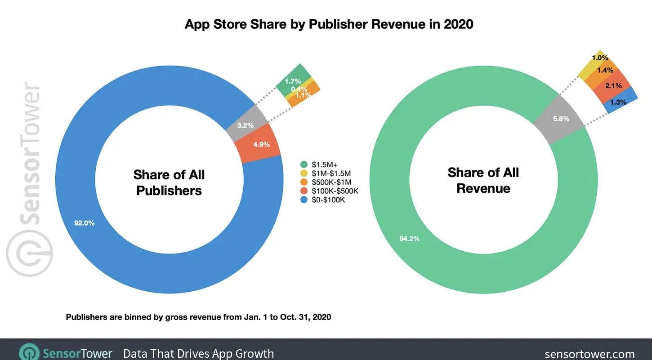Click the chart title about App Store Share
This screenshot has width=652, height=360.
[x=329, y=24]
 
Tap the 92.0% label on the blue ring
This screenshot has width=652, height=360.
[x=85, y=223]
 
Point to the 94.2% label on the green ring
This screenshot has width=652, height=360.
[x=409, y=239]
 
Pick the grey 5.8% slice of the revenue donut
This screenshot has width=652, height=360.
[x=560, y=119]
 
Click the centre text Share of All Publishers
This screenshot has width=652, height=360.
[x=169, y=182]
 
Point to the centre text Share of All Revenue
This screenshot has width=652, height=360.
[x=483, y=180]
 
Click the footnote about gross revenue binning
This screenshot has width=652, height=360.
[x=198, y=317]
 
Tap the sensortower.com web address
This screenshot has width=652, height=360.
[x=589, y=354]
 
